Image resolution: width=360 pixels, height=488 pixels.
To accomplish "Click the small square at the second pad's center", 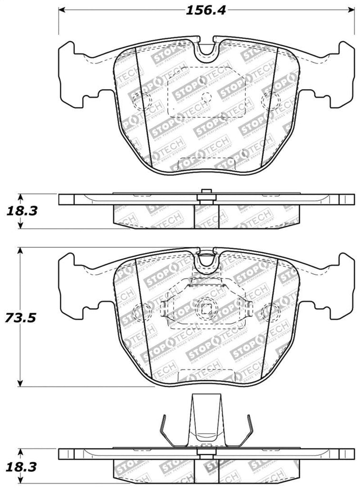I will click(x=206, y=309).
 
